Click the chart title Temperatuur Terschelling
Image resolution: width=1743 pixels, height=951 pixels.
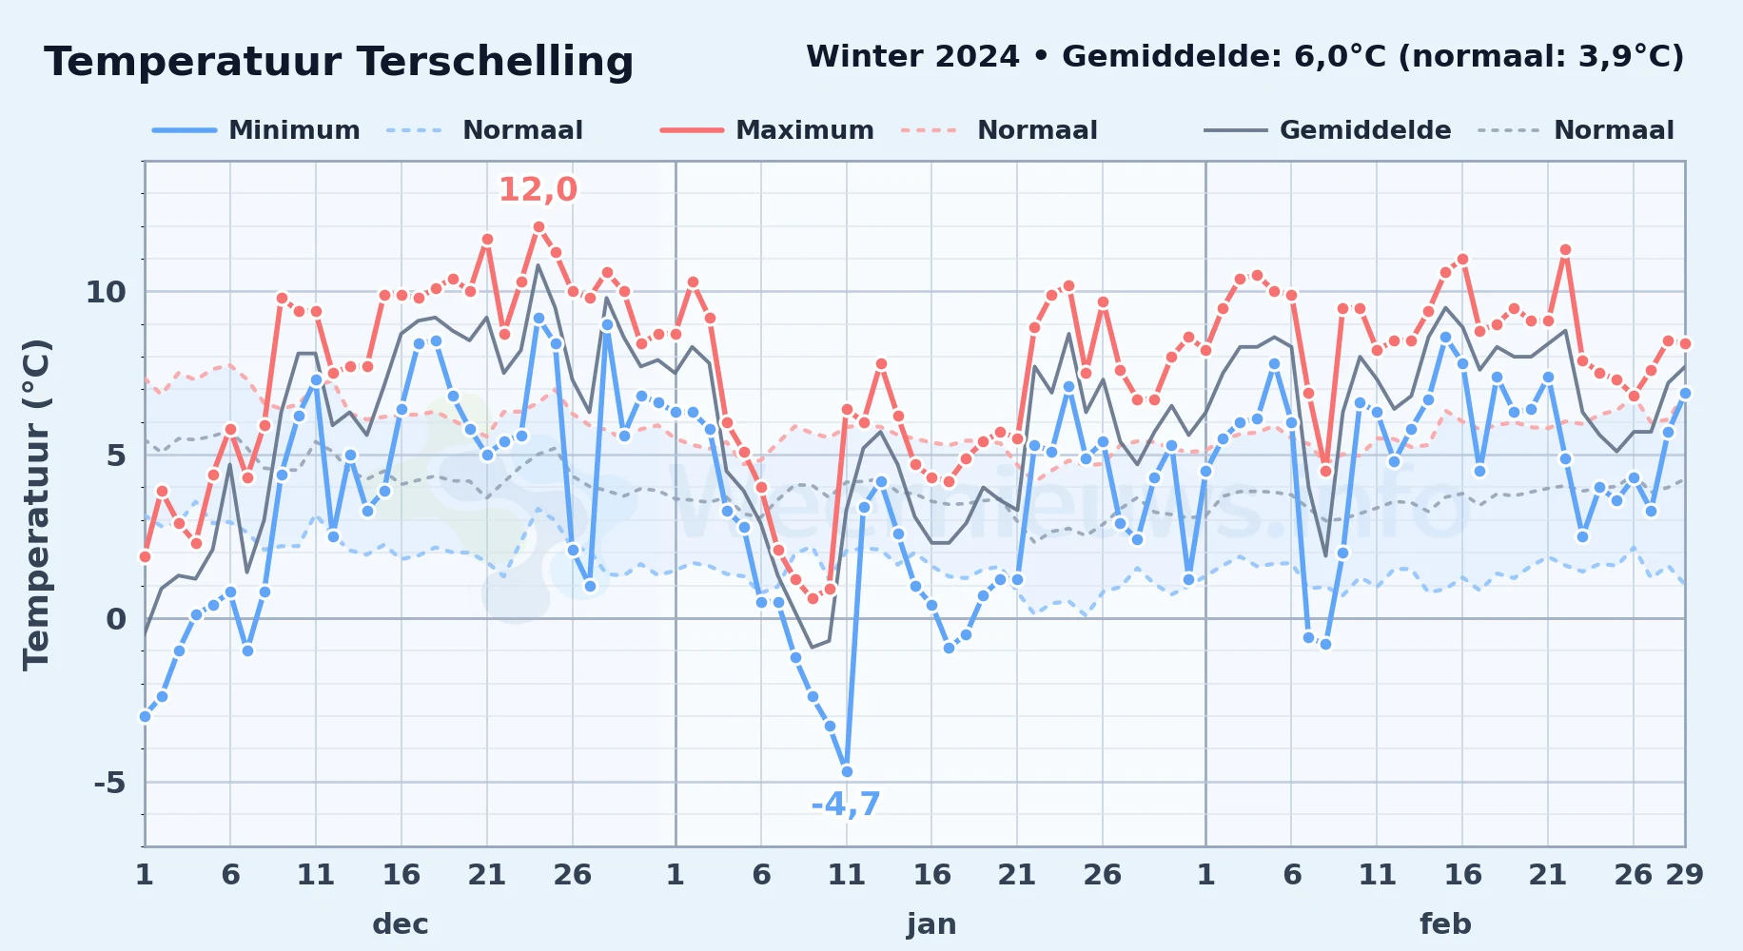pyautogui.click(x=339, y=62)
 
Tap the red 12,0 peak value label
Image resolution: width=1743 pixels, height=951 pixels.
pyautogui.click(x=538, y=190)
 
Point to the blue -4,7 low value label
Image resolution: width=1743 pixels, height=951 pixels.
pyautogui.click(x=846, y=805)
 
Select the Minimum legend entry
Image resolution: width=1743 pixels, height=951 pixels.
pyautogui.click(x=256, y=130)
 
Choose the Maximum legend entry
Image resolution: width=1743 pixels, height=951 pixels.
pyautogui.click(x=767, y=130)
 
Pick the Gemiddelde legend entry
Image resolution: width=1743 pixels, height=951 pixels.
pyautogui.click(x=1327, y=130)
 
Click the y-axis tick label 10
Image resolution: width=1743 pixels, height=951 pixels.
pyautogui.click(x=106, y=292)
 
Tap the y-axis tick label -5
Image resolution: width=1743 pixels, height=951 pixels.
pyautogui.click(x=109, y=783)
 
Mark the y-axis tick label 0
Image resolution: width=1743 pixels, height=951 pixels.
pyautogui.click(x=116, y=619)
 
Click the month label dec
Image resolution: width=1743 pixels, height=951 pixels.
pyautogui.click(x=401, y=923)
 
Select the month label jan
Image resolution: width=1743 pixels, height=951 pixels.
pyautogui.click(x=931, y=923)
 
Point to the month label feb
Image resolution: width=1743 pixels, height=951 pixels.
pyautogui.click(x=1445, y=923)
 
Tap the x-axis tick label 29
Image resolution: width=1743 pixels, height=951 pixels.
pyautogui.click(x=1684, y=874)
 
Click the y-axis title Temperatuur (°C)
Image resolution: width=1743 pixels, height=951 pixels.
pyautogui.click(x=36, y=504)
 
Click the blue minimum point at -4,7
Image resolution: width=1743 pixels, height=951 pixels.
pyautogui.click(x=847, y=771)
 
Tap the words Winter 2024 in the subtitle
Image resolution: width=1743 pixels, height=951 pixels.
pyautogui.click(x=912, y=56)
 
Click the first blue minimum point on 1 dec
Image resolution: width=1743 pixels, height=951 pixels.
pyautogui.click(x=145, y=716)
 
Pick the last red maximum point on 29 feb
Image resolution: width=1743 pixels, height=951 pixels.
pyautogui.click(x=1685, y=343)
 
